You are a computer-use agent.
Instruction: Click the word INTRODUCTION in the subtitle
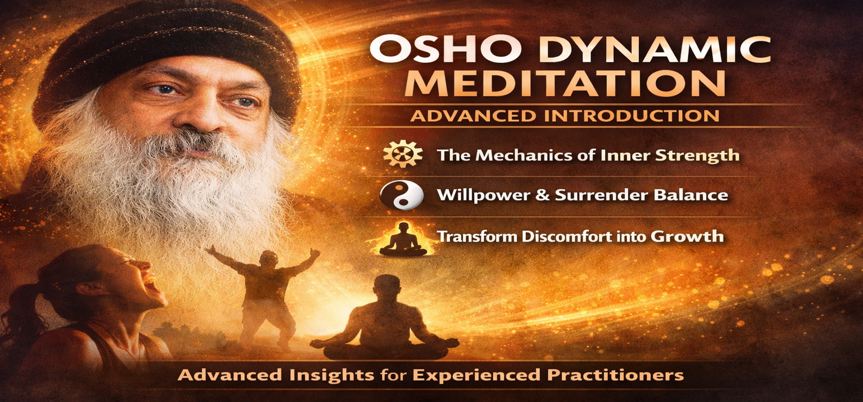(624, 116)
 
